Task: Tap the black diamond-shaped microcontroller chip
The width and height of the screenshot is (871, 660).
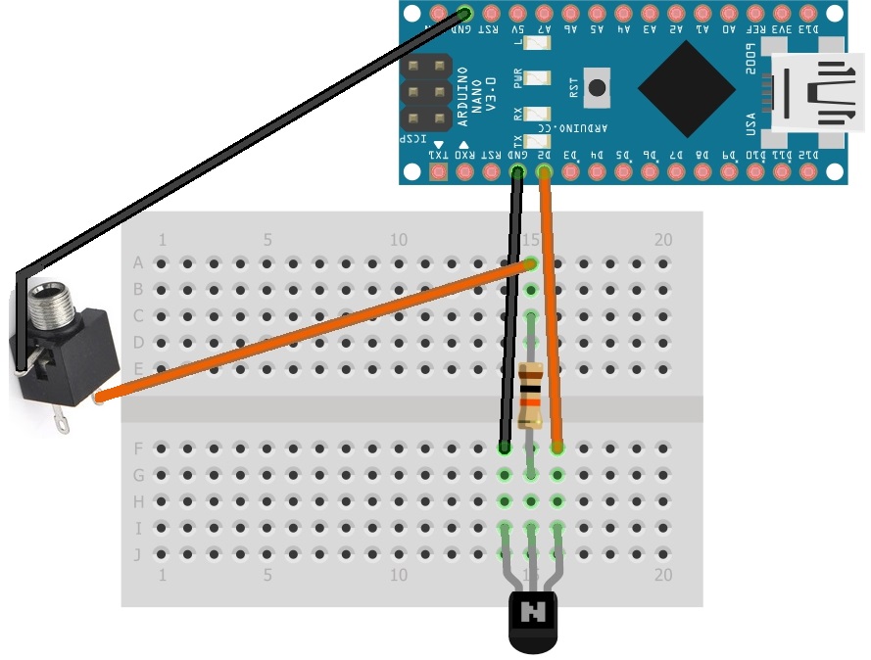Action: click(686, 87)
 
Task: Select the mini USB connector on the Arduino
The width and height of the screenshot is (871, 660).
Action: click(813, 92)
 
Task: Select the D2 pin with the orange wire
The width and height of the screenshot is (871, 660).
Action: click(544, 173)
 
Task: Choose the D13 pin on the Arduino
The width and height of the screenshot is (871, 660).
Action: click(808, 14)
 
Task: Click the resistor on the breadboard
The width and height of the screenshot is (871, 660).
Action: click(530, 395)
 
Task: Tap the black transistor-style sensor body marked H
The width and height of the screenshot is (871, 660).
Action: click(533, 620)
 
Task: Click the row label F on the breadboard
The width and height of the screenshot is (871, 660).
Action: click(138, 448)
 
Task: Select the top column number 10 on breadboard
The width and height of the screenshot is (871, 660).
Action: click(399, 240)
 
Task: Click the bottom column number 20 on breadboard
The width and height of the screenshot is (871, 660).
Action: click(663, 576)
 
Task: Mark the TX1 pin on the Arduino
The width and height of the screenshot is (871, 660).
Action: click(438, 173)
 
